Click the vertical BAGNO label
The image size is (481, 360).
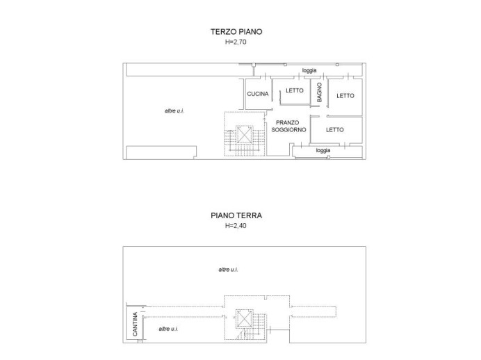[x=319, y=93]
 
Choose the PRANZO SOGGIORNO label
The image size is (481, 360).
[x=288, y=126]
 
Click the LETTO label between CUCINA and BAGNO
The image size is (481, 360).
[x=294, y=90]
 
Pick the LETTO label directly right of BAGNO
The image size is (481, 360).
[x=345, y=96]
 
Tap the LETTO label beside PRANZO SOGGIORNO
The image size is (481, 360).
[x=334, y=129]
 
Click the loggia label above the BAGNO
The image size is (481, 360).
[x=309, y=71]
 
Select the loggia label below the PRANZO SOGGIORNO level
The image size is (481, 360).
[x=323, y=150]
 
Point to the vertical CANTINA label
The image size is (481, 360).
[x=133, y=327]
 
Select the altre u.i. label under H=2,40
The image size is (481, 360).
[x=227, y=269]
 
